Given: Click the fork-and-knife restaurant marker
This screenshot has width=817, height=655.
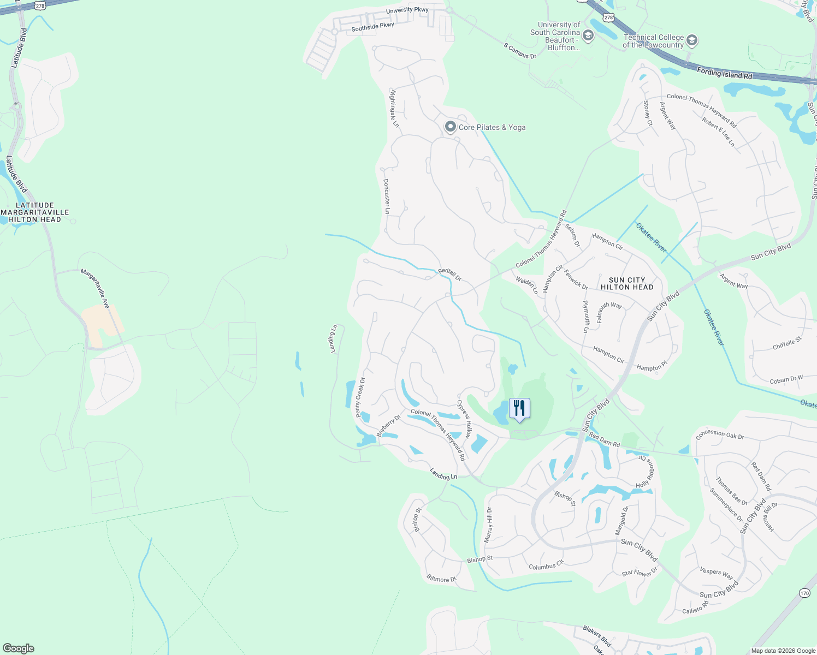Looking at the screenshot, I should (x=519, y=408).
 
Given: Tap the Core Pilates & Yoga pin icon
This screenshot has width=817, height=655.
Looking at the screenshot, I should (x=450, y=127).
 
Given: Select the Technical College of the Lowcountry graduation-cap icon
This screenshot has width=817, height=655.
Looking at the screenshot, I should (x=692, y=40).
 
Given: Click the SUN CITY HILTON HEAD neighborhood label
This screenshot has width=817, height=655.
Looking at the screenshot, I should (x=627, y=283).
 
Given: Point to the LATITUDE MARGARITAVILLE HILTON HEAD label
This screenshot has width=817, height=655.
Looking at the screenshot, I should (x=35, y=212).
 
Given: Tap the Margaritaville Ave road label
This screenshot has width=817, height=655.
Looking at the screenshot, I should (x=95, y=288).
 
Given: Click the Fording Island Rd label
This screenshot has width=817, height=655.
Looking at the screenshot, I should (x=724, y=73).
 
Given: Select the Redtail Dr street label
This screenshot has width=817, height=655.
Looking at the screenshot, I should (x=449, y=275).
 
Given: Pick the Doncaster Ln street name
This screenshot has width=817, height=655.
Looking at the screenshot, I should (x=387, y=196).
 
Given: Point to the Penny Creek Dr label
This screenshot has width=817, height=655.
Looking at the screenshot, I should (x=360, y=397).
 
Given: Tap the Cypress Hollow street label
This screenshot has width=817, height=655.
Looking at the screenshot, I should (x=464, y=419).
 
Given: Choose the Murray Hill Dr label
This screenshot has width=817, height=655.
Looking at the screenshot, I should (x=488, y=525).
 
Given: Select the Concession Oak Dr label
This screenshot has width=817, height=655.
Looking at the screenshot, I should (x=720, y=435).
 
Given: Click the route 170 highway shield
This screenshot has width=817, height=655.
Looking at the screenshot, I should (x=804, y=593).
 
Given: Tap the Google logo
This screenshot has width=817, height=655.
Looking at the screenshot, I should (x=18, y=648).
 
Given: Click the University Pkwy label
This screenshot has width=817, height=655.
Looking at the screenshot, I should (x=407, y=10).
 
